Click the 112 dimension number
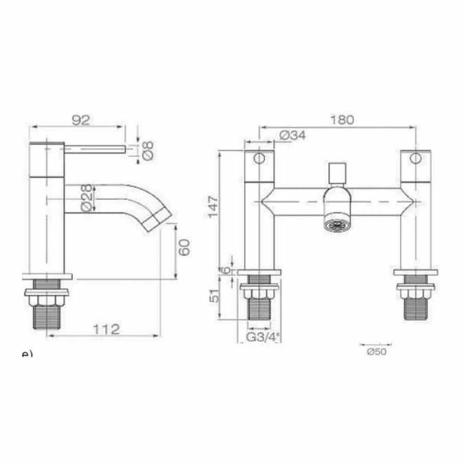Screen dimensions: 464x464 pyautogui.click(x=107, y=329)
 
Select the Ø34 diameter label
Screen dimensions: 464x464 pyautogui.click(x=294, y=135)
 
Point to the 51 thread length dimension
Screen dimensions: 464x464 pyautogui.click(x=213, y=298)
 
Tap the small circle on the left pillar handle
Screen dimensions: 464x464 pyautogui.click(x=260, y=159)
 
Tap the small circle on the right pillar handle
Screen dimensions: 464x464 pyautogui.click(x=415, y=159)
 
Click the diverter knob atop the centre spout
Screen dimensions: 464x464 pyautogui.click(x=338, y=172)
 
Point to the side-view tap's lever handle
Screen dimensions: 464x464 pyautogui.click(x=96, y=147)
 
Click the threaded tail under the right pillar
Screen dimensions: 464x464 pyautogui.click(x=415, y=303)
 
